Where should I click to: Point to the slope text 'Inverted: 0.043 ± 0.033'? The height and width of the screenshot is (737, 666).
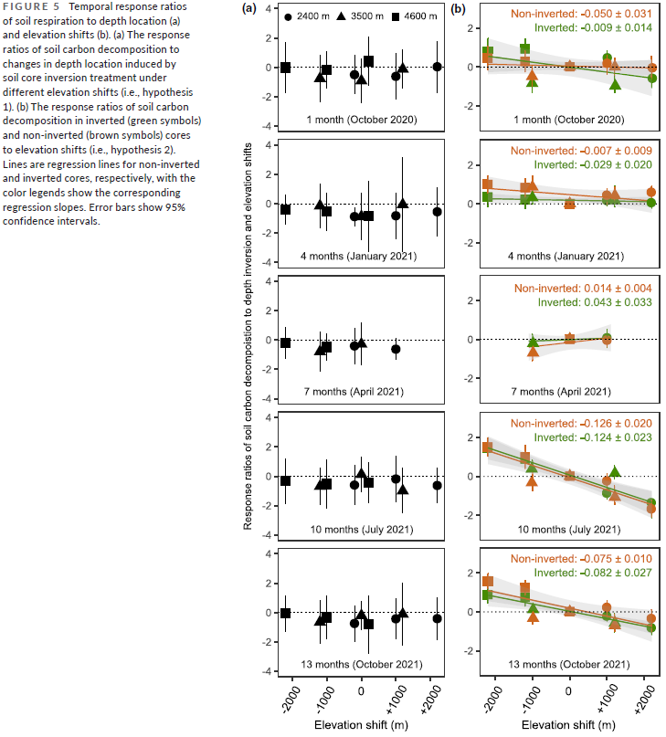pos(594,301)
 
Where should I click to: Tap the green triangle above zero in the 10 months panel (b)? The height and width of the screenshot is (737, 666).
pos(615,472)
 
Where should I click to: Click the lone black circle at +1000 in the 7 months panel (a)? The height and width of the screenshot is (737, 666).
pos(396,349)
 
